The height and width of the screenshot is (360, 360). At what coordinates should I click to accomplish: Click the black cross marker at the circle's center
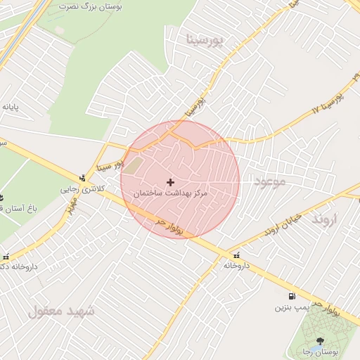click(170, 182)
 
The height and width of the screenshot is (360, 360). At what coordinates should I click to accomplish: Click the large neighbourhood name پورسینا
click(205, 40)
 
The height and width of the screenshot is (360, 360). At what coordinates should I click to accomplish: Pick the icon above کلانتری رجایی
click(83, 177)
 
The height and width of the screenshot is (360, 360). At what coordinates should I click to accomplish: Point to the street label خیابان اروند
click(282, 224)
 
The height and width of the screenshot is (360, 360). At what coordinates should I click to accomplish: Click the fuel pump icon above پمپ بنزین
click(292, 296)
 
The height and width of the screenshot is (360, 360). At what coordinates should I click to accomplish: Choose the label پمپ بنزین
click(291, 307)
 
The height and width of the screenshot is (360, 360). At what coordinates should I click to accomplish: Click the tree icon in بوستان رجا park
click(321, 340)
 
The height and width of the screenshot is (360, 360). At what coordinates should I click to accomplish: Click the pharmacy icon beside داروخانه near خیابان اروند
click(236, 255)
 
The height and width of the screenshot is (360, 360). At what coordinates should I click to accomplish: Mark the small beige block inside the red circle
click(134, 166)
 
